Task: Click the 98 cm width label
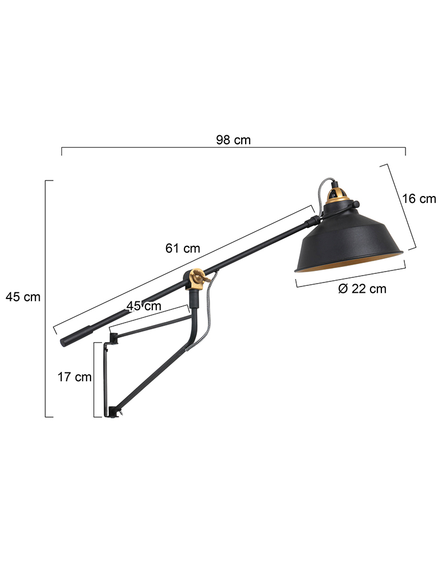coord(233,140)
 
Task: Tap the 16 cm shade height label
coord(419,198)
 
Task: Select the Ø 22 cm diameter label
coord(362,288)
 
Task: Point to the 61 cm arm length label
coord(183,248)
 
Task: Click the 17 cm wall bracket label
coord(74,376)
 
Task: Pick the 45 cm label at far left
coord(23,297)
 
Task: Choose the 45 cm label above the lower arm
coord(144,305)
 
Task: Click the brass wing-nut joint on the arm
coord(196,278)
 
